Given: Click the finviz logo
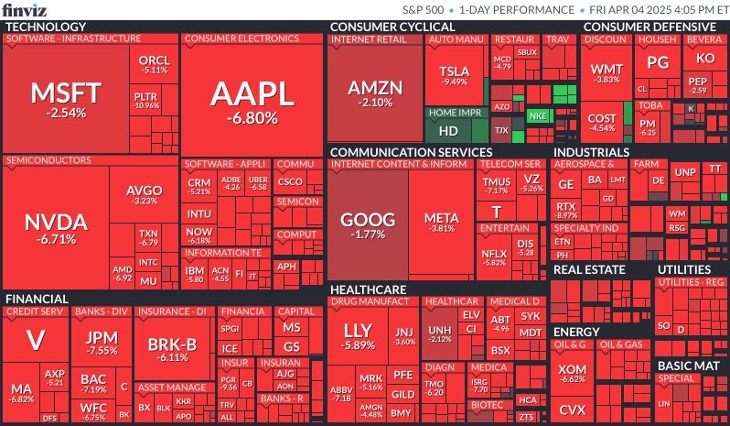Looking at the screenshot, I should (26, 10).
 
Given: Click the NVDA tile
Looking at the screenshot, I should (55, 228).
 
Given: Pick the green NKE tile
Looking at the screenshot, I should (538, 116).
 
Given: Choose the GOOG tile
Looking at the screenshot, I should (368, 225).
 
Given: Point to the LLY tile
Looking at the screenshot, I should (359, 335).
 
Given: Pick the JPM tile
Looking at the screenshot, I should (102, 343).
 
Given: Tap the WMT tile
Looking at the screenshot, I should (606, 73).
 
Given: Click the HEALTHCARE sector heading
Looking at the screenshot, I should (368, 289).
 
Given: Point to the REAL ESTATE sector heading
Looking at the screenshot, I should (590, 269).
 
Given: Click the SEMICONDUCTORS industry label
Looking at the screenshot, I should (46, 160).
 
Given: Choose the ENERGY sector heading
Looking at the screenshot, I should (576, 332).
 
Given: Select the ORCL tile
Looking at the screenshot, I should (154, 63).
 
